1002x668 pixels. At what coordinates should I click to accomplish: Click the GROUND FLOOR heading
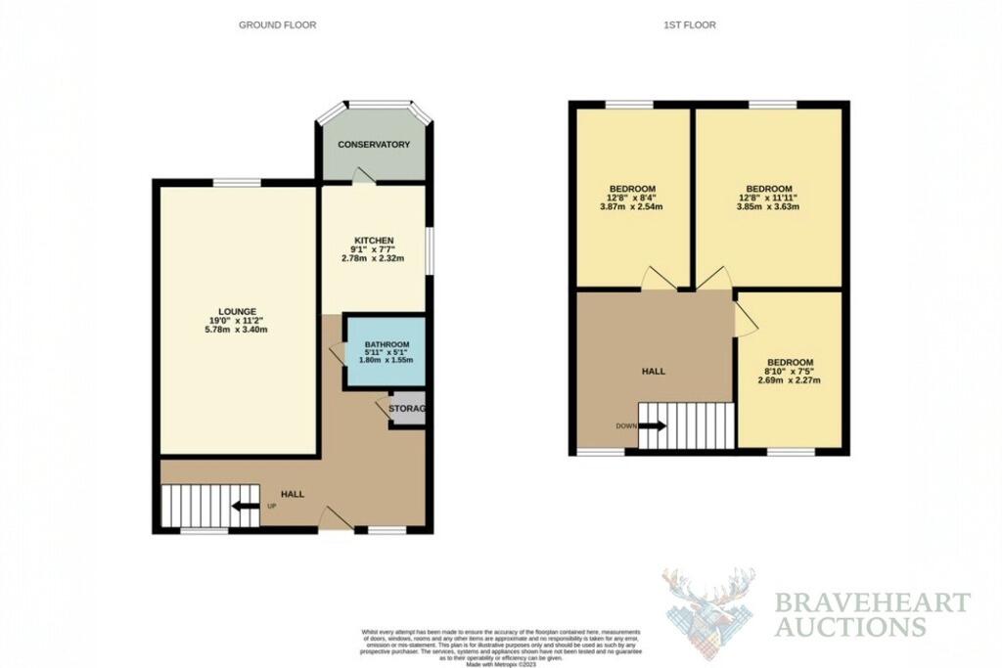click(x=277, y=24)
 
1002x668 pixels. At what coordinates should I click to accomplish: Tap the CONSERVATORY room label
click(x=374, y=145)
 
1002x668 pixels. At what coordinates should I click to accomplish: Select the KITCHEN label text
click(x=374, y=241)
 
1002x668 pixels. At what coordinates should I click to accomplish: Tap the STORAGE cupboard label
click(x=407, y=409)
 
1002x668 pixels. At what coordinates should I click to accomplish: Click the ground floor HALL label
click(x=293, y=495)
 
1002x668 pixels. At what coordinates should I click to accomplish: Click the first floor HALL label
click(x=654, y=372)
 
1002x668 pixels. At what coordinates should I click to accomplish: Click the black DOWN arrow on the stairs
click(x=653, y=426)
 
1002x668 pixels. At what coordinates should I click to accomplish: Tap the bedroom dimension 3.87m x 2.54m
click(x=632, y=206)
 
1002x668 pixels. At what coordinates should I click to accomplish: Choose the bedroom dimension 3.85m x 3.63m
click(x=768, y=206)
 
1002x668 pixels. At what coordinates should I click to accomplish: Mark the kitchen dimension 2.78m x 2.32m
click(x=374, y=258)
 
